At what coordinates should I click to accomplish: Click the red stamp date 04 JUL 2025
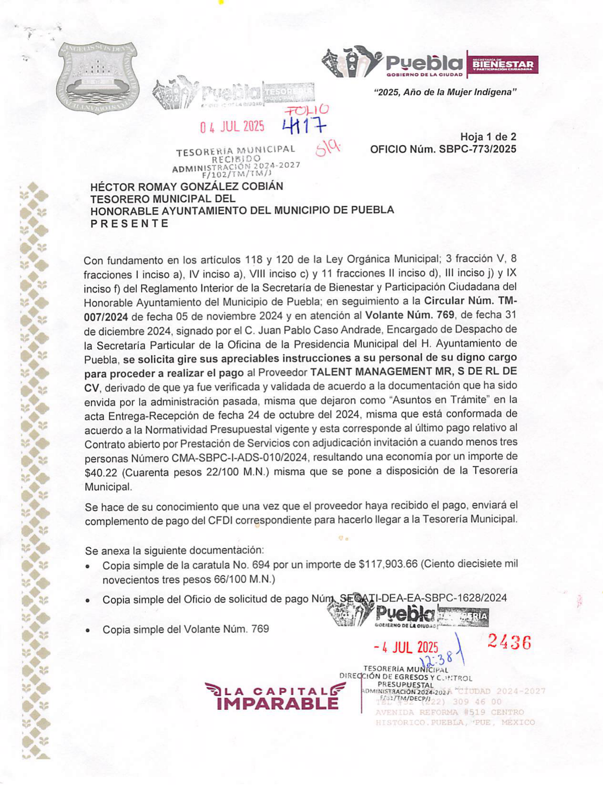pyautogui.click(x=232, y=127)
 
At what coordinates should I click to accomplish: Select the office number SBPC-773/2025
pyautogui.click(x=477, y=149)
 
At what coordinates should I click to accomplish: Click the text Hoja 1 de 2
pyautogui.click(x=488, y=137)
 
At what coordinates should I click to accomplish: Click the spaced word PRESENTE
pyautogui.click(x=130, y=224)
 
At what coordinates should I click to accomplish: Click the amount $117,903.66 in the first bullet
pyautogui.click(x=388, y=564)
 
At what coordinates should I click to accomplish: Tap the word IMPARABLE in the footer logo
pyautogui.click(x=277, y=703)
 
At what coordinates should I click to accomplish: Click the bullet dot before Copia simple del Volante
pyautogui.click(x=87, y=630)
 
